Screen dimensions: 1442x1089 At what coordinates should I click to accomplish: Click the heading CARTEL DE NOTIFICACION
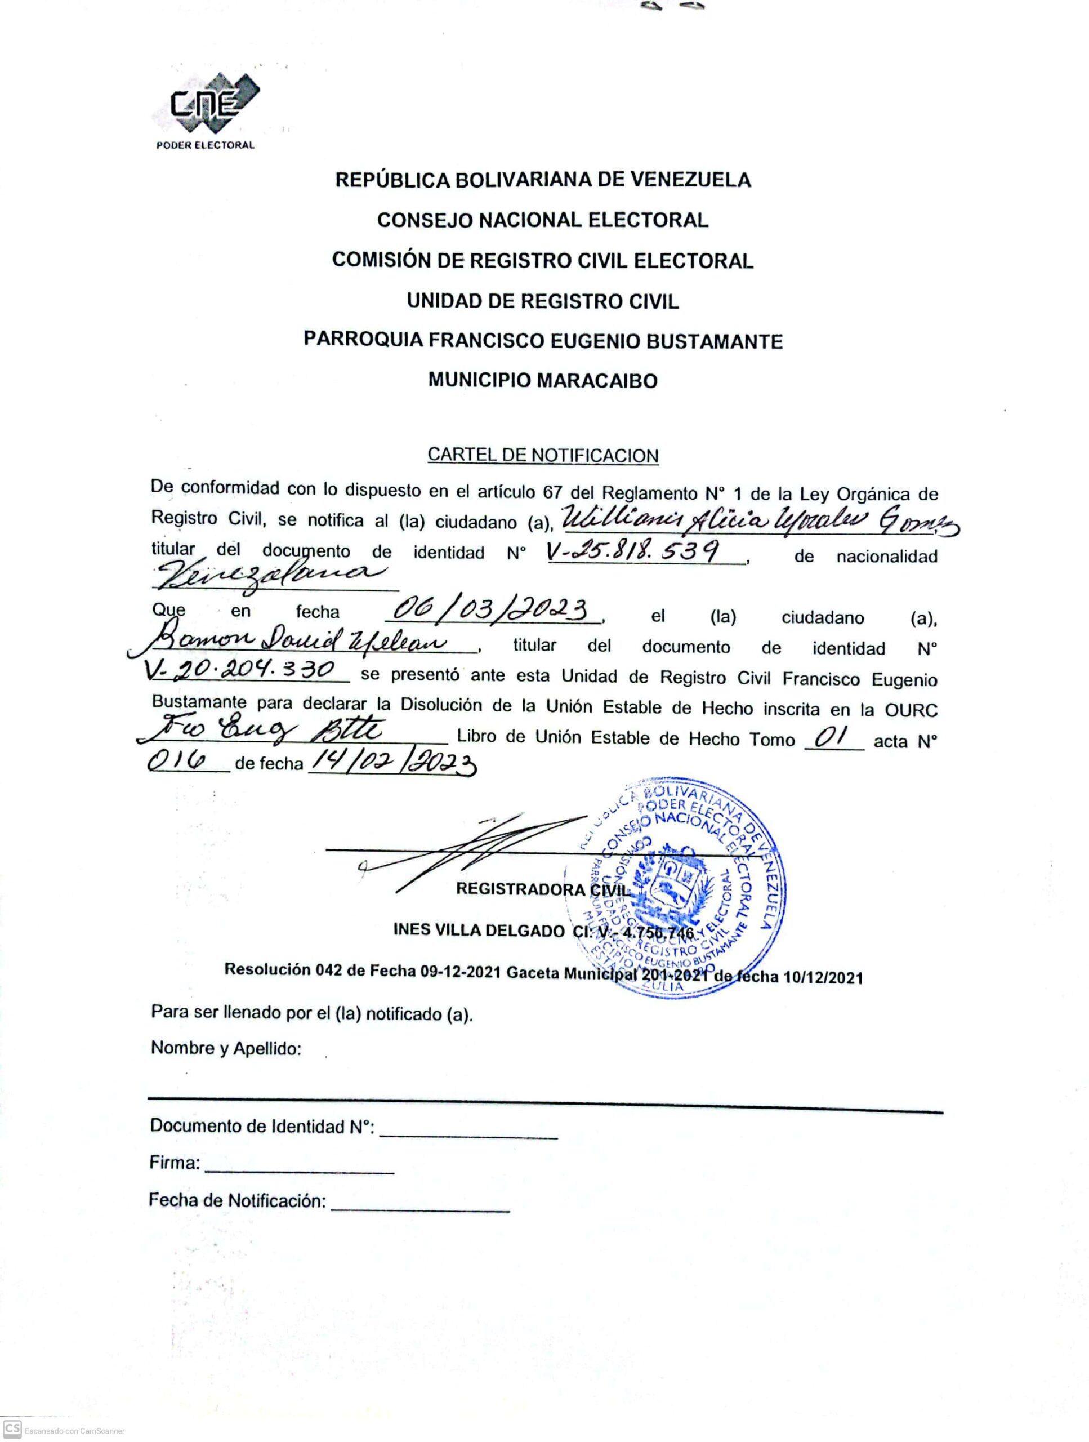coord(542,455)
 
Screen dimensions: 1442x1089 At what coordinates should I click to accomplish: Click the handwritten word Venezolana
coord(264,573)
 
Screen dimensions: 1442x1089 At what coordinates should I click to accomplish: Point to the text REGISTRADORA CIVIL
coord(543,889)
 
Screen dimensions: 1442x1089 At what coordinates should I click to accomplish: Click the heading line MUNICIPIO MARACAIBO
coord(542,381)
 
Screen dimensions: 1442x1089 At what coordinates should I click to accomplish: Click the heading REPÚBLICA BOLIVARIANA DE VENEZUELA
coord(542,179)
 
